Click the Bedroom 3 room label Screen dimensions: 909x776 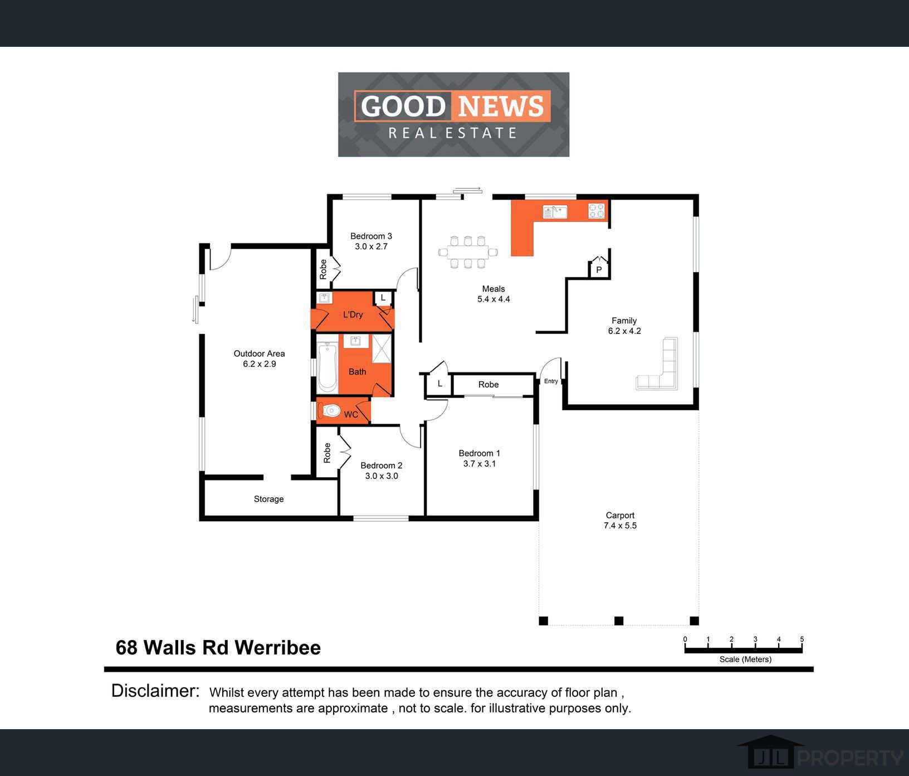(x=371, y=236)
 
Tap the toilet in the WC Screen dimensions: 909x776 (x=329, y=411)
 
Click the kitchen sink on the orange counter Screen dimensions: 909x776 (x=555, y=212)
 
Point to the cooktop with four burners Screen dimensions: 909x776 (x=597, y=211)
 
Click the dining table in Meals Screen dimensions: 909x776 (x=468, y=253)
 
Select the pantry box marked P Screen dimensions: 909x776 (x=599, y=269)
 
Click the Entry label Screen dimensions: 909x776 (x=551, y=381)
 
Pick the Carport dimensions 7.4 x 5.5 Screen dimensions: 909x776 (x=620, y=526)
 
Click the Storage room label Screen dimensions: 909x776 (x=268, y=499)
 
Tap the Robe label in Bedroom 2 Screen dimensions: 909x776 (x=327, y=453)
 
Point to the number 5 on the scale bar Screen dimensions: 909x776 (x=802, y=639)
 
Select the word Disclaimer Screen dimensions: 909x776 (x=155, y=691)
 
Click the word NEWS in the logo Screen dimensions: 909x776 (x=501, y=106)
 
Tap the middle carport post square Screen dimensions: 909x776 (x=618, y=620)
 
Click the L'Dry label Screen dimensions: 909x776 (x=353, y=314)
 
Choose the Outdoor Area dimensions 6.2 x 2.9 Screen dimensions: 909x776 (x=259, y=364)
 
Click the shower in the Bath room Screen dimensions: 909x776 (x=382, y=348)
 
